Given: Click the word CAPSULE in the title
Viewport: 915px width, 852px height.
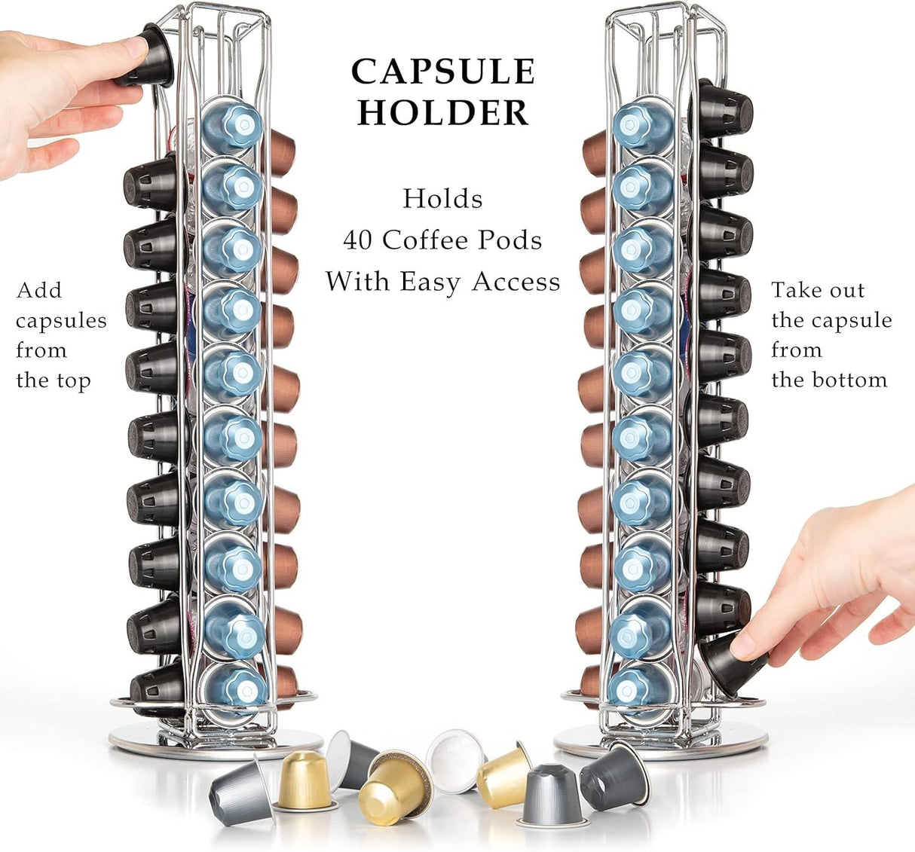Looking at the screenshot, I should coord(443,72).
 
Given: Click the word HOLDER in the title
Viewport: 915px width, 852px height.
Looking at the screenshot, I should coord(443,112).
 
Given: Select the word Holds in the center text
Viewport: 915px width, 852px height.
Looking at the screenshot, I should coord(442,199).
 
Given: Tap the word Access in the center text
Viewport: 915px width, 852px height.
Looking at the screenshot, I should coord(516,282).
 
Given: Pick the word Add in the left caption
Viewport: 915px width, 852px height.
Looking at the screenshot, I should coord(39,291).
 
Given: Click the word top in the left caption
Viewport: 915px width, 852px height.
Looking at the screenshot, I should coord(73,380).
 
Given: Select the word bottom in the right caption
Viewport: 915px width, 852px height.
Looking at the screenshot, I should coord(850,380).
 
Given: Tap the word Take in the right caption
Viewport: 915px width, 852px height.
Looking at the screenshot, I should coord(796,291).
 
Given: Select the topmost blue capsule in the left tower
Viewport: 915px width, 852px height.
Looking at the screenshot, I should coord(232,124).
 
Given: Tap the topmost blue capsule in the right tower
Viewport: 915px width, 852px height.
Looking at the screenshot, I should coord(642,124).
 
